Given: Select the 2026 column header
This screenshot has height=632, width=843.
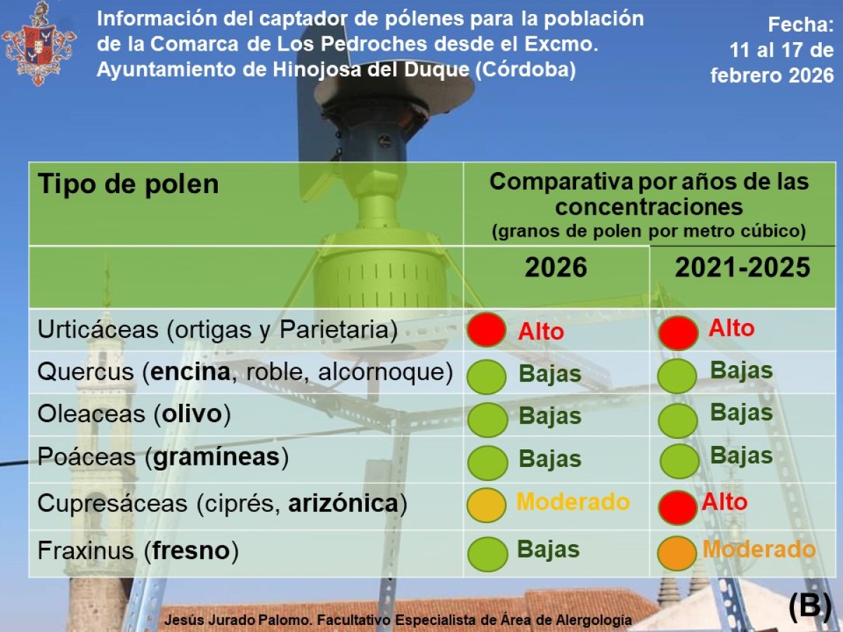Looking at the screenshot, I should click(x=556, y=268).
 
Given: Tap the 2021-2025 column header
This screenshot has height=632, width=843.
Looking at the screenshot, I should click(x=743, y=268).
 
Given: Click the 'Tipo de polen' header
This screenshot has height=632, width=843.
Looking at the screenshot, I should click(x=128, y=184).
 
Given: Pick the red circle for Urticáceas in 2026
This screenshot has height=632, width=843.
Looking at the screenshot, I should click(x=485, y=330).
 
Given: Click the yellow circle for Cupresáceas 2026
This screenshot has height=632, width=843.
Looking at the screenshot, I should click(x=486, y=505).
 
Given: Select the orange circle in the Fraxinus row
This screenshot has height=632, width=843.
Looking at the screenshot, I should click(x=677, y=553).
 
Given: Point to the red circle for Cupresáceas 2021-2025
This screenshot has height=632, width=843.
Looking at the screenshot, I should click(x=678, y=507).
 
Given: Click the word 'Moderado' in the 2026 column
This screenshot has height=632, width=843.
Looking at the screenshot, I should click(x=573, y=501).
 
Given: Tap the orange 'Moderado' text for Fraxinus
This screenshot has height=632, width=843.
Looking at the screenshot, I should click(x=759, y=549).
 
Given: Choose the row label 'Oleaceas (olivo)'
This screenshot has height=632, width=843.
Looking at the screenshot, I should click(x=133, y=414).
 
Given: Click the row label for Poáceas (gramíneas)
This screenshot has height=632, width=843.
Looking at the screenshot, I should click(x=163, y=457).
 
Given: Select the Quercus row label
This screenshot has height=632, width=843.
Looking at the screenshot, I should click(x=244, y=372).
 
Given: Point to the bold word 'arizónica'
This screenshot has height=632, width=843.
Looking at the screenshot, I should click(x=344, y=503).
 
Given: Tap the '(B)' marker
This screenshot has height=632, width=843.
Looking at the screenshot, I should click(x=809, y=606).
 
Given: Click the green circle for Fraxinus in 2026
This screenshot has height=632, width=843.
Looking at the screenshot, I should click(x=486, y=552).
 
